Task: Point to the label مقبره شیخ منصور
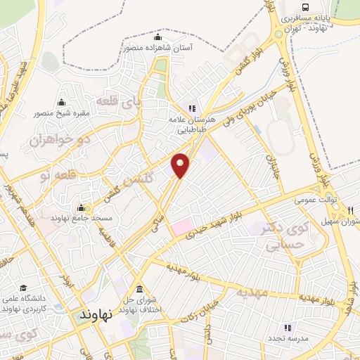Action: pyautogui.click(x=60, y=112)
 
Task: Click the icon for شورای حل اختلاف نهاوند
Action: pyautogui.click(x=139, y=290)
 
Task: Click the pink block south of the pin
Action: pyautogui.click(x=182, y=227)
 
